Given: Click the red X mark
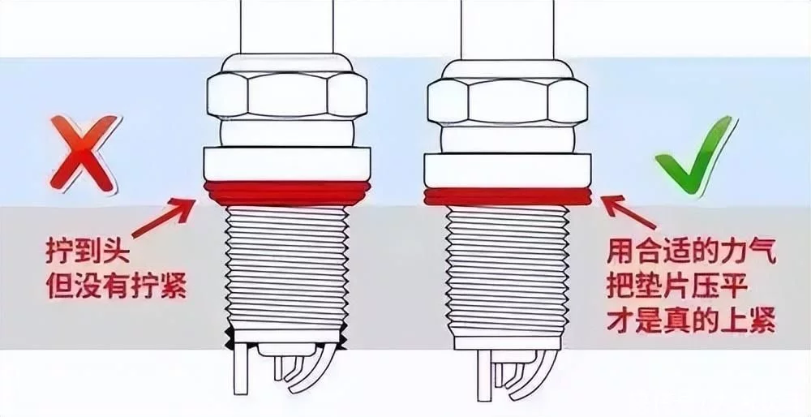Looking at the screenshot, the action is [83, 153].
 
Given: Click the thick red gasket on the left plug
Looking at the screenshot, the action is [287, 192].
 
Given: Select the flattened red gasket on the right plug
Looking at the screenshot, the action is [508, 196].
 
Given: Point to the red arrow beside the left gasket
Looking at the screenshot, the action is [164, 217].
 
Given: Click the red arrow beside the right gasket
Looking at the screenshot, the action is [629, 212].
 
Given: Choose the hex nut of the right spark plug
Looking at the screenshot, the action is [508, 101].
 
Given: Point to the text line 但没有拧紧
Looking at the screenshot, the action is [117, 285].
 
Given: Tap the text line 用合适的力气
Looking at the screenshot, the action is [692, 254].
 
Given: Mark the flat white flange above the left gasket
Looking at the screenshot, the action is [287, 164].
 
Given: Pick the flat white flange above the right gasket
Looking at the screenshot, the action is [508, 170].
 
